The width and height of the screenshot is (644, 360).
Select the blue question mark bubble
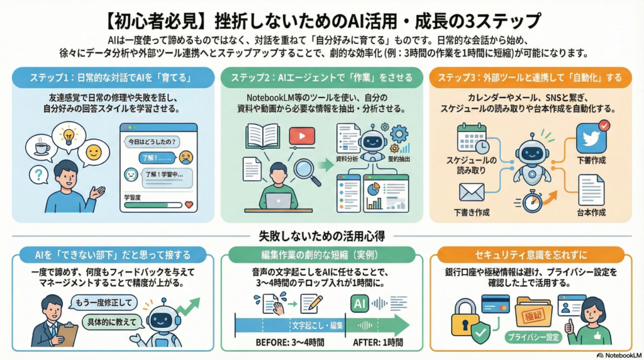[39, 174]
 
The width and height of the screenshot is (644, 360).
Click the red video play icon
[301, 136]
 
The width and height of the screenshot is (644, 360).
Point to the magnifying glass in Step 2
[304, 169]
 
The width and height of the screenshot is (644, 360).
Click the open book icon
[262, 135]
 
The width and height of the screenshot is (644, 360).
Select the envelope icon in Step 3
[472, 192]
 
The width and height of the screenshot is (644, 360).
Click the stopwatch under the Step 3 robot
[531, 201]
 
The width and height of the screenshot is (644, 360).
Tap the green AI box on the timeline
[360, 303]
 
